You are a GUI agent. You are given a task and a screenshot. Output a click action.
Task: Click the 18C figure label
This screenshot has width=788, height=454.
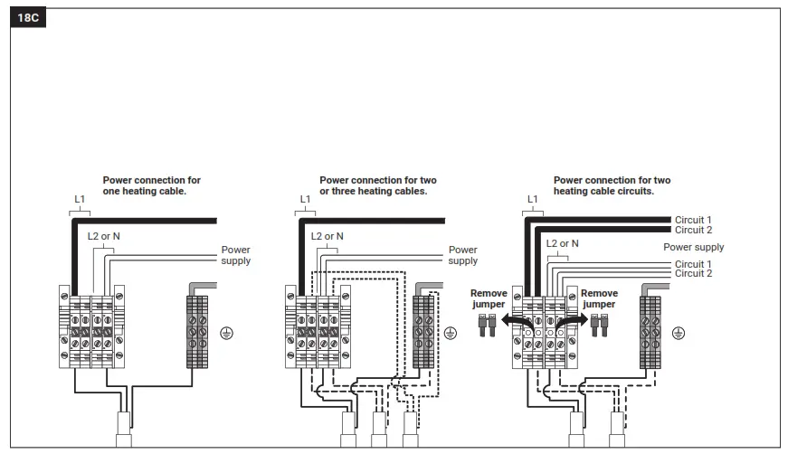[x=28, y=17]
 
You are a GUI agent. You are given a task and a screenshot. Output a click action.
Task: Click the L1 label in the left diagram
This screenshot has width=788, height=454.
[x=80, y=199]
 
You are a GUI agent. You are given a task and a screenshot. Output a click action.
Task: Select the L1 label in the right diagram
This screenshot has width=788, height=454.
[x=532, y=199]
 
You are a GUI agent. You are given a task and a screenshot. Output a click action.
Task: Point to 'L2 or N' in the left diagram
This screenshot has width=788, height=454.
[x=105, y=237]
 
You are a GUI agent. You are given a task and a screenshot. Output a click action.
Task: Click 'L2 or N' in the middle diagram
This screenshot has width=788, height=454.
[x=328, y=237]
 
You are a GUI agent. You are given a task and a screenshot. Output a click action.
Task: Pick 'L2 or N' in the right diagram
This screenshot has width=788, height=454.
[x=563, y=243]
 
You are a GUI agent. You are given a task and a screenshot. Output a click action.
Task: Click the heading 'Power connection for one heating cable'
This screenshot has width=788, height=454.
[x=151, y=185]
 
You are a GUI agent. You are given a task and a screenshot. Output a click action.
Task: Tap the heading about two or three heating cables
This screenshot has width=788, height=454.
[x=377, y=185]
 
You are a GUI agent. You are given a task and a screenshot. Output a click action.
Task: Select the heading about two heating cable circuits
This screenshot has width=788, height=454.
[x=612, y=185]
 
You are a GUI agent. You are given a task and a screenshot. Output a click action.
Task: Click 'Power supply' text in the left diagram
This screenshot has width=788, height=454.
[x=236, y=255]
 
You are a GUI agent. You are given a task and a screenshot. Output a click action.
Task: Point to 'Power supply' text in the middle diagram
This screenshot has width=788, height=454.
[x=462, y=255]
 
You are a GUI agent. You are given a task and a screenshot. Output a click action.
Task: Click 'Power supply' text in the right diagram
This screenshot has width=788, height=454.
[x=693, y=247]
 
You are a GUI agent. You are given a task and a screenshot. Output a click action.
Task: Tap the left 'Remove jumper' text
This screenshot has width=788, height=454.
[x=489, y=299]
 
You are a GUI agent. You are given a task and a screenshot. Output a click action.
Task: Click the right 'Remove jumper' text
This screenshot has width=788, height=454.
[x=599, y=299]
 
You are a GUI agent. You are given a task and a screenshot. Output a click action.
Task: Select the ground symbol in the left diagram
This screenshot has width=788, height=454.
[x=227, y=334]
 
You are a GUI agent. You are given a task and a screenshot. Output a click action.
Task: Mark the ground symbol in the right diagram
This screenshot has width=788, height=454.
[x=679, y=334]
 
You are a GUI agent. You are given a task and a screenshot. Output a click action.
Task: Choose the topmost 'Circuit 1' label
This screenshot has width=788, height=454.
[x=693, y=220]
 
